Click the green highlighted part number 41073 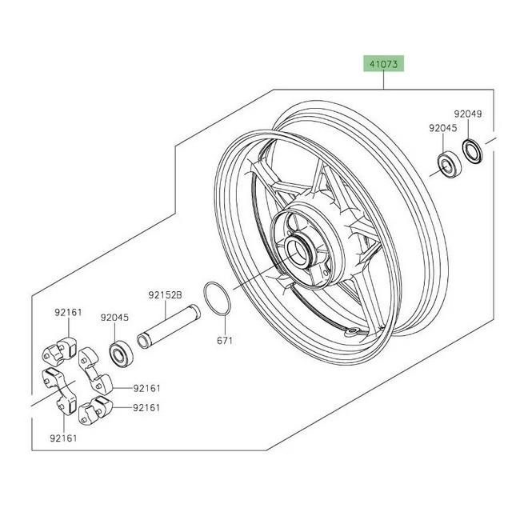383,64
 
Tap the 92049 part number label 468,114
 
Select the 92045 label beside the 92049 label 443,128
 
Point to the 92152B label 165,295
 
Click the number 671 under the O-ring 225,341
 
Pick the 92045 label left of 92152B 115,318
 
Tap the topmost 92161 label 68,313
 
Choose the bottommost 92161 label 64,438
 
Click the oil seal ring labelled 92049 472,151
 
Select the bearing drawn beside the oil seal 450,165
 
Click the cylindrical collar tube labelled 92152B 168,326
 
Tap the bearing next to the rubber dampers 122,354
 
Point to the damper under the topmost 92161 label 60,350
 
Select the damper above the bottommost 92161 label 60,392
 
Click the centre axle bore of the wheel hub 298,250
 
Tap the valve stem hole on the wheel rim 351,332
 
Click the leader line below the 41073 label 383,81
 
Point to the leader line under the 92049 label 468,129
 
